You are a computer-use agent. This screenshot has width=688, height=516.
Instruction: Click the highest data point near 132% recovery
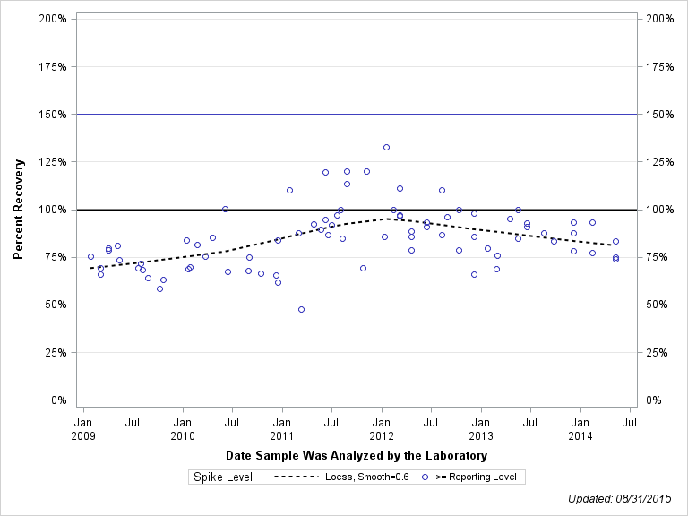pyautogui.click(x=386, y=148)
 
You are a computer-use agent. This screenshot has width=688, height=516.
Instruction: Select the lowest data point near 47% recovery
pyautogui.click(x=301, y=309)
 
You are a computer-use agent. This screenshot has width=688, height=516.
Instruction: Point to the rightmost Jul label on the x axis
pyautogui.click(x=630, y=421)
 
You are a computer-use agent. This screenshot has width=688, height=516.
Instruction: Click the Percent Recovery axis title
pyautogui.click(x=18, y=210)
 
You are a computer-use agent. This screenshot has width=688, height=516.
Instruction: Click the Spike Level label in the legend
pyautogui.click(x=223, y=477)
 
